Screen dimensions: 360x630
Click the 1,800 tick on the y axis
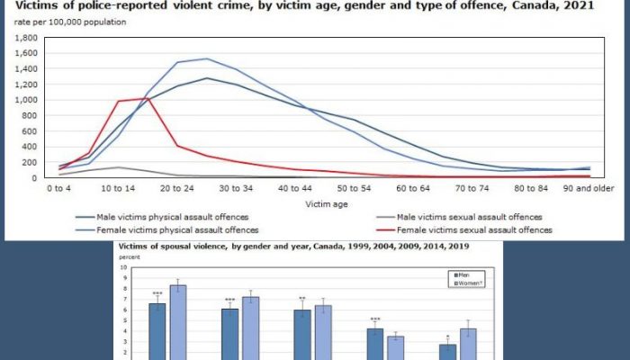tap(20, 39)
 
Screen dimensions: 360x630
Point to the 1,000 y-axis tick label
tap(20, 101)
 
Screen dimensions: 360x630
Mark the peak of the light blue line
tap(206, 59)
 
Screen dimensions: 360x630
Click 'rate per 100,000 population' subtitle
tap(68, 22)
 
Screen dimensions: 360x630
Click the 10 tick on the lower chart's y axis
tap(123, 267)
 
